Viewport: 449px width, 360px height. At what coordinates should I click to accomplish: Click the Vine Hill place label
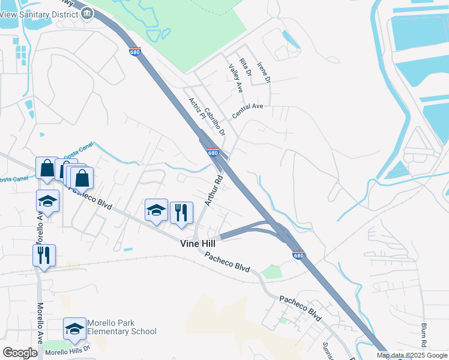tap(199, 244)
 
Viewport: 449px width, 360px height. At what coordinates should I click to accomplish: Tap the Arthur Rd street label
tap(214, 191)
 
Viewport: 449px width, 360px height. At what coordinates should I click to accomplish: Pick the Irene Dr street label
tap(264, 73)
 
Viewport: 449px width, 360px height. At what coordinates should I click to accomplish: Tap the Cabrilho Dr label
tap(214, 121)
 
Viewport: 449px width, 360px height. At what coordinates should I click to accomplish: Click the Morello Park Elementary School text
tap(121, 327)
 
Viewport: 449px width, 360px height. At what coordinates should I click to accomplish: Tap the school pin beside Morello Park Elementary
tap(74, 329)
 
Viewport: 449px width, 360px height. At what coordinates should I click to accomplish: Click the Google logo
tap(19, 353)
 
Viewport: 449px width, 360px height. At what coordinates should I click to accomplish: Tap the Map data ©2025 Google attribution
tap(411, 355)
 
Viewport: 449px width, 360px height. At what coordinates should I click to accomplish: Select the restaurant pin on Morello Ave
tap(44, 256)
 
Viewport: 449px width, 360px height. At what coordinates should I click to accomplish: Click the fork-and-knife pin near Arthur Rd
tap(181, 212)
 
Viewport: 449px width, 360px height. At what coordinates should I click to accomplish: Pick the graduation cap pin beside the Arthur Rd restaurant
tap(156, 210)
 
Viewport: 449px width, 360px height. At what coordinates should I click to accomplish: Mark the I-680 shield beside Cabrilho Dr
tap(212, 152)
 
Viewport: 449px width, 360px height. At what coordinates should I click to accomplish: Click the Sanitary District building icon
tap(88, 13)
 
